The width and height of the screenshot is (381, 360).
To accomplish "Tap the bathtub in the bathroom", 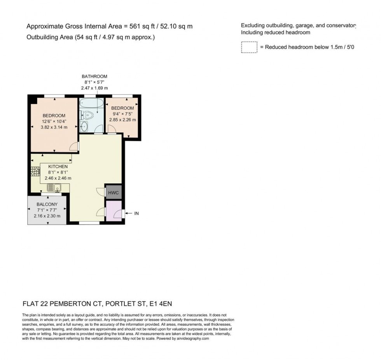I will click(x=92, y=104).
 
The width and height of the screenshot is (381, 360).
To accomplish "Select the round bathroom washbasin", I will click(x=84, y=126).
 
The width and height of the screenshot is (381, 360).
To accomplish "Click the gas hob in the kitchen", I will click(x=35, y=171).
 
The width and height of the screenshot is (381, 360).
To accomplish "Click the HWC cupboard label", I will click(x=114, y=193).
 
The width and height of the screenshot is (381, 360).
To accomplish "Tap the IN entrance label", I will click(x=136, y=213).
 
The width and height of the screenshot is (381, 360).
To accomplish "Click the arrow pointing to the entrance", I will click(x=129, y=213).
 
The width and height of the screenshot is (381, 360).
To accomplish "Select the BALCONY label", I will click(x=47, y=204).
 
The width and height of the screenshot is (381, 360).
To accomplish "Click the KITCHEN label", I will click(x=58, y=167).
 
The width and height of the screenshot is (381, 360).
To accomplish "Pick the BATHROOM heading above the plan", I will click(x=94, y=76).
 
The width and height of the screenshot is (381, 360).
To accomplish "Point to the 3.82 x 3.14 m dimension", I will click(x=55, y=127).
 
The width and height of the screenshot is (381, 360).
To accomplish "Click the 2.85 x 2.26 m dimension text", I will click(x=122, y=119).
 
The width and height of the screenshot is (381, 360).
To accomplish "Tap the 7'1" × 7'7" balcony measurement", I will click(x=47, y=210).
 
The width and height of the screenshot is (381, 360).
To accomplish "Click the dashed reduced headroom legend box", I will click(x=249, y=47).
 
